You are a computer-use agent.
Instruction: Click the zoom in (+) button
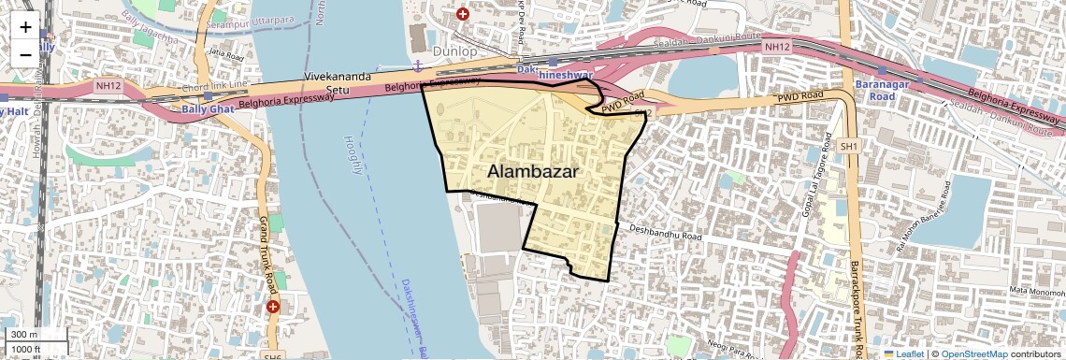(x=25, y=27)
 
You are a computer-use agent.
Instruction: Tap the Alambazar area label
(x=532, y=172)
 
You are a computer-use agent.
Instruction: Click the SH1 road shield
(x=849, y=147)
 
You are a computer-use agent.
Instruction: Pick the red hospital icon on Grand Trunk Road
(x=273, y=307)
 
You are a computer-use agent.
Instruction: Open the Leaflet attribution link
(x=905, y=353)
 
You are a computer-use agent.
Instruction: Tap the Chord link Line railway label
(x=216, y=87)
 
